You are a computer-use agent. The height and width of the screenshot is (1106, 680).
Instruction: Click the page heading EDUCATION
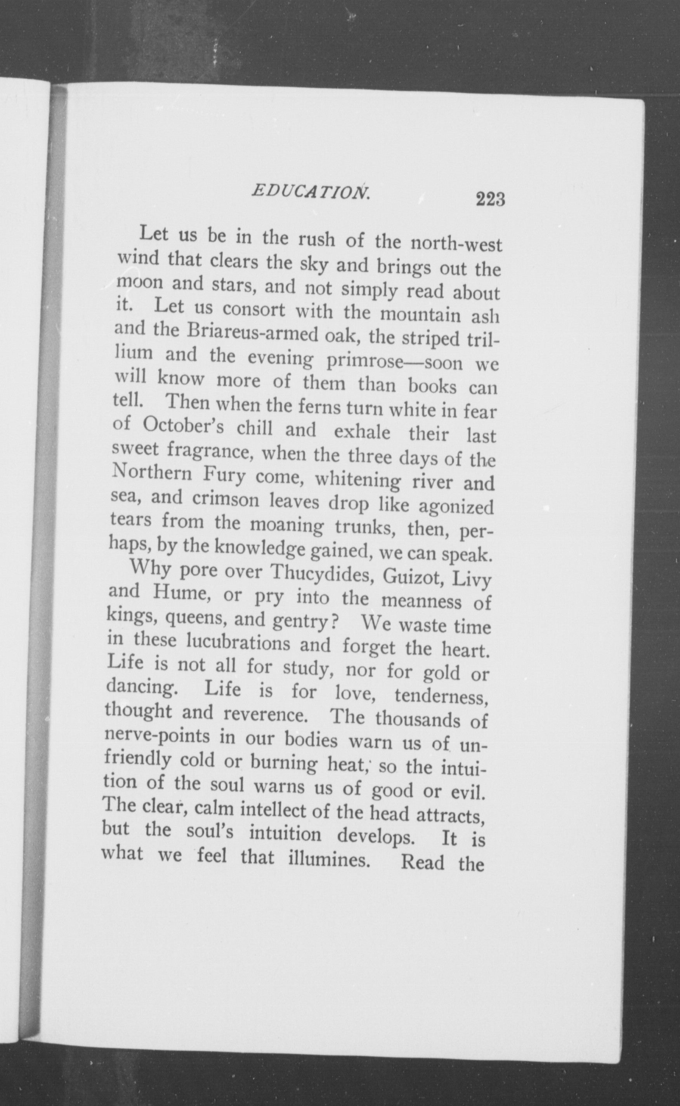(311, 192)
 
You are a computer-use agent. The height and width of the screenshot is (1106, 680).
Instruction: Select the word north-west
(457, 245)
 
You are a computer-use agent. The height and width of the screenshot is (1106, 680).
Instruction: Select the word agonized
(456, 507)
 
